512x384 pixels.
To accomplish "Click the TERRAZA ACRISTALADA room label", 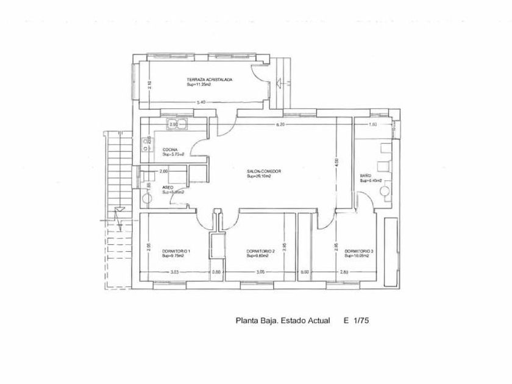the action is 209,79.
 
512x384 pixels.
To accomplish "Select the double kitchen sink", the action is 182,125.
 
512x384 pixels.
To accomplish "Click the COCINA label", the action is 169,150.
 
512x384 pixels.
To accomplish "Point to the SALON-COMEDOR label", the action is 264,172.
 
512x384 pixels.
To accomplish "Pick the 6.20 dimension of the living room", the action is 280,124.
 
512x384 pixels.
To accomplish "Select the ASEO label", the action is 168,187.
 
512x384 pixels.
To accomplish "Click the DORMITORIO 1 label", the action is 177,251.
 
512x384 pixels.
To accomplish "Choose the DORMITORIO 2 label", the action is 261,251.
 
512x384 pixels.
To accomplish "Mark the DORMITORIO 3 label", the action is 359,251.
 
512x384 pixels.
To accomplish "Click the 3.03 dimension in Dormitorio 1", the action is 174,272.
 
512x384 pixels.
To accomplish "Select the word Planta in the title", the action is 247,319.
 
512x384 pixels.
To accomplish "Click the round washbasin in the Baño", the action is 385,192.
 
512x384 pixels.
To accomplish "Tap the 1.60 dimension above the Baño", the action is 373,124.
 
